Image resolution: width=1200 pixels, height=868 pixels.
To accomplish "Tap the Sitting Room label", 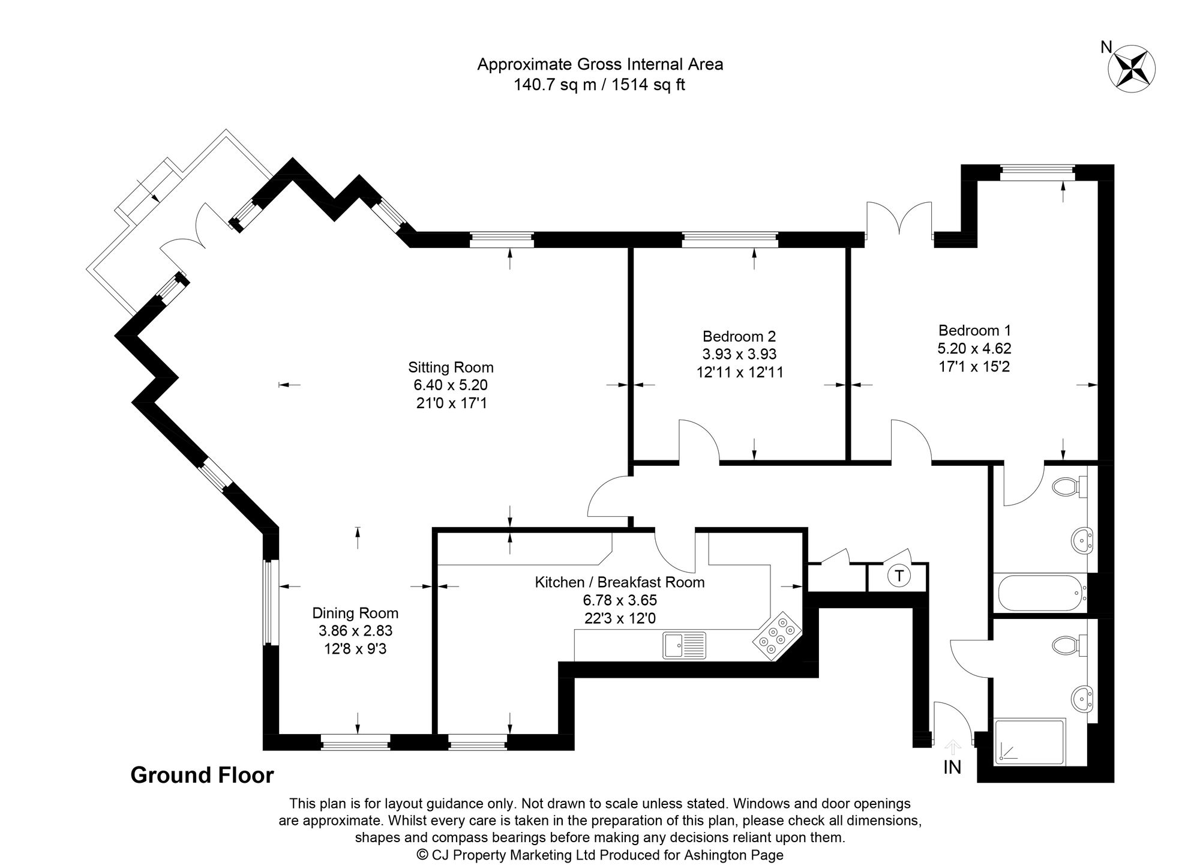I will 451,367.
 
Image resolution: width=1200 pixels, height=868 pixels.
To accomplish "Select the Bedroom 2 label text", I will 739,336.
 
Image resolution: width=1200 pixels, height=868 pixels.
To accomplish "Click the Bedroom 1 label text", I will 974,330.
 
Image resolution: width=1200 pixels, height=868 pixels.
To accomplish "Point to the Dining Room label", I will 355,613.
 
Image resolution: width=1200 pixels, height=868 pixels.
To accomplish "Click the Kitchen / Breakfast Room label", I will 619,582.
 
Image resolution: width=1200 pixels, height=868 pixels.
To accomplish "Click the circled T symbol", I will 898,576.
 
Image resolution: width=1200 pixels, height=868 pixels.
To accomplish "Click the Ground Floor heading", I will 202,775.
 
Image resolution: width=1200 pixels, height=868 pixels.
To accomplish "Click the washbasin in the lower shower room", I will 1083,699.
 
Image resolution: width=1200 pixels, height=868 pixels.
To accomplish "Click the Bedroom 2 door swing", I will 698,442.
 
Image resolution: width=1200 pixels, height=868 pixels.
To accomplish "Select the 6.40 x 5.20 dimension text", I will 451,385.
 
